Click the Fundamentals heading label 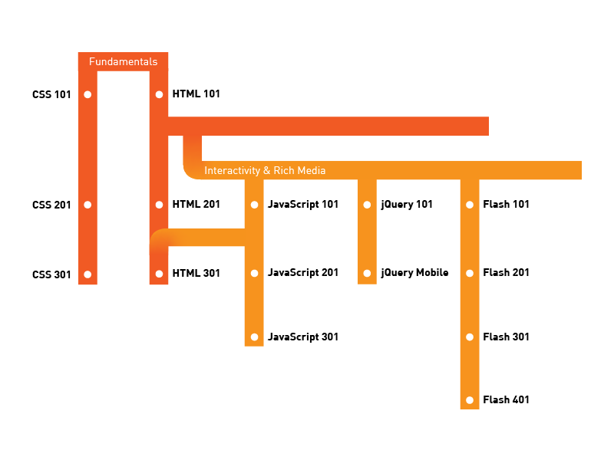[123, 62]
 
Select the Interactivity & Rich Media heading [265, 170]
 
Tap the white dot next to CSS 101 [87, 95]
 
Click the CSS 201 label [51, 205]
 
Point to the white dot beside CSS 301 [87, 274]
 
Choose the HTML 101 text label [196, 94]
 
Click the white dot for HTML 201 [159, 205]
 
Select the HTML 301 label [196, 273]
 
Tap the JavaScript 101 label [302, 205]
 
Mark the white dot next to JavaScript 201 [254, 273]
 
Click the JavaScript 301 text [302, 337]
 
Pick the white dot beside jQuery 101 [367, 205]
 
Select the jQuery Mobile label [414, 273]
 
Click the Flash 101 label [506, 205]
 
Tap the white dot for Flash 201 [470, 273]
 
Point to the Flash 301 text [506, 337]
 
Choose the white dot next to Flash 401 [470, 400]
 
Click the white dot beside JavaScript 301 [254, 337]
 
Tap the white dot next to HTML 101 [159, 95]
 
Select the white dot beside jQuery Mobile [367, 273]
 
